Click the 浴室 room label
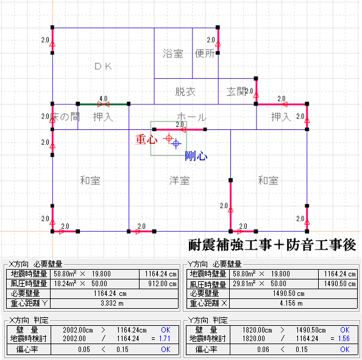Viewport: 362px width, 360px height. coord(173,54)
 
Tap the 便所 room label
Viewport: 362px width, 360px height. coord(205,54)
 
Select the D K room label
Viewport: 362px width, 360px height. coord(103,67)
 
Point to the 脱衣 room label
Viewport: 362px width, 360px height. coord(185,92)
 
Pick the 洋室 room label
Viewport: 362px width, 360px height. coord(179,181)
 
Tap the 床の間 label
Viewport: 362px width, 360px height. coord(65,117)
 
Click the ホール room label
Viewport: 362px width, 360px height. coord(191,117)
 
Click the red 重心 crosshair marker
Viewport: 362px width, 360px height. coord(169,139)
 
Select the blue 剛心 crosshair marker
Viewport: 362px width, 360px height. coord(176,143)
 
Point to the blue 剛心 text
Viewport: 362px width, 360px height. coord(196,156)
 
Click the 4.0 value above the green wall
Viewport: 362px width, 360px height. coord(104,99)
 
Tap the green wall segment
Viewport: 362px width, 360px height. coord(103,104)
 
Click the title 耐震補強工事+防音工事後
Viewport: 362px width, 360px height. coord(272,245)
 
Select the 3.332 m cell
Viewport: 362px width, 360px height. coord(112,303)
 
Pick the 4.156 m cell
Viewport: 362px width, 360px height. coord(291,303)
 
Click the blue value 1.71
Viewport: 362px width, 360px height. coord(165,339)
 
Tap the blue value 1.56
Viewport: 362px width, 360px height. coord(344,339)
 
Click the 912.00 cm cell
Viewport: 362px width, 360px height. coord(162,284)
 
